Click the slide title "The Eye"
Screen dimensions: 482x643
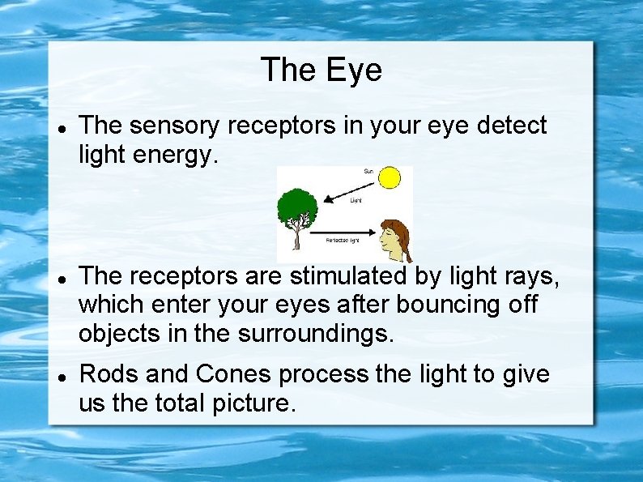(x=321, y=70)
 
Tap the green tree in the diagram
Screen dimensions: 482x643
(x=297, y=207)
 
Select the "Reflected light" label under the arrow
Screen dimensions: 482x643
(x=343, y=241)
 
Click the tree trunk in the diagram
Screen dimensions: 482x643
(x=297, y=237)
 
